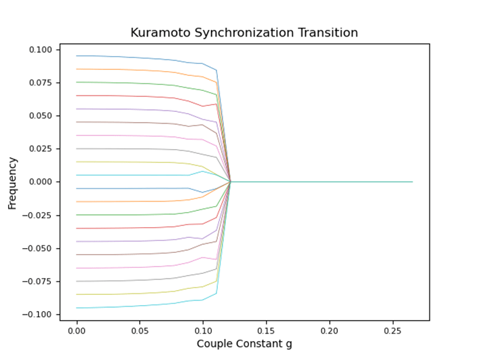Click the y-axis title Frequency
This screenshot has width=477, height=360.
click(x=13, y=182)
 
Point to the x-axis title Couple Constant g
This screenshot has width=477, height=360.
click(x=244, y=344)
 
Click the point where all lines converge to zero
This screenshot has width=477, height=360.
click(x=231, y=182)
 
